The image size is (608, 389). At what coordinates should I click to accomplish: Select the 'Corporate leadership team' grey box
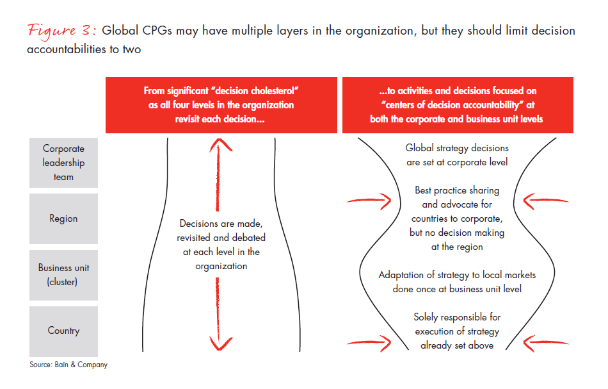tap(63, 163)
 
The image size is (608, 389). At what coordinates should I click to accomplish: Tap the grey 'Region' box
tap(63, 219)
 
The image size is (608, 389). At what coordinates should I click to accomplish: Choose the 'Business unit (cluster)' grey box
tap(63, 274)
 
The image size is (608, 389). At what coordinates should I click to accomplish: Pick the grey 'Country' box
tap(63, 331)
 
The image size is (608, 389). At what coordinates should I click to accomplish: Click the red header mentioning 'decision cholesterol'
tap(221, 105)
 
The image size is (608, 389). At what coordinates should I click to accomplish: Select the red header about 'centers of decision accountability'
tap(457, 105)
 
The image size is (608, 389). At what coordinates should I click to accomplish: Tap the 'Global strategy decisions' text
tap(457, 155)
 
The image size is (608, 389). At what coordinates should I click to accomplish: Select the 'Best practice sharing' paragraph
tap(457, 218)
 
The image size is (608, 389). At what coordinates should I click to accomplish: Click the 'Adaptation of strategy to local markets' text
tap(457, 281)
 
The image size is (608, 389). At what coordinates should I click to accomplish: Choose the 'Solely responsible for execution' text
tap(457, 331)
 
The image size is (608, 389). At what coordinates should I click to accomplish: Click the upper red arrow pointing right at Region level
tap(369, 201)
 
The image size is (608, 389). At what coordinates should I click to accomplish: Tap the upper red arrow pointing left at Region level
tap(546, 201)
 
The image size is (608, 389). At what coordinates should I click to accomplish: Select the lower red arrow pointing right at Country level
tap(369, 340)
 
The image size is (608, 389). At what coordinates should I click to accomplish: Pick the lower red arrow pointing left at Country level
tap(546, 340)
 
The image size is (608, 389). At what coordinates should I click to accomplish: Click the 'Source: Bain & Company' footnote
tap(68, 365)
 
